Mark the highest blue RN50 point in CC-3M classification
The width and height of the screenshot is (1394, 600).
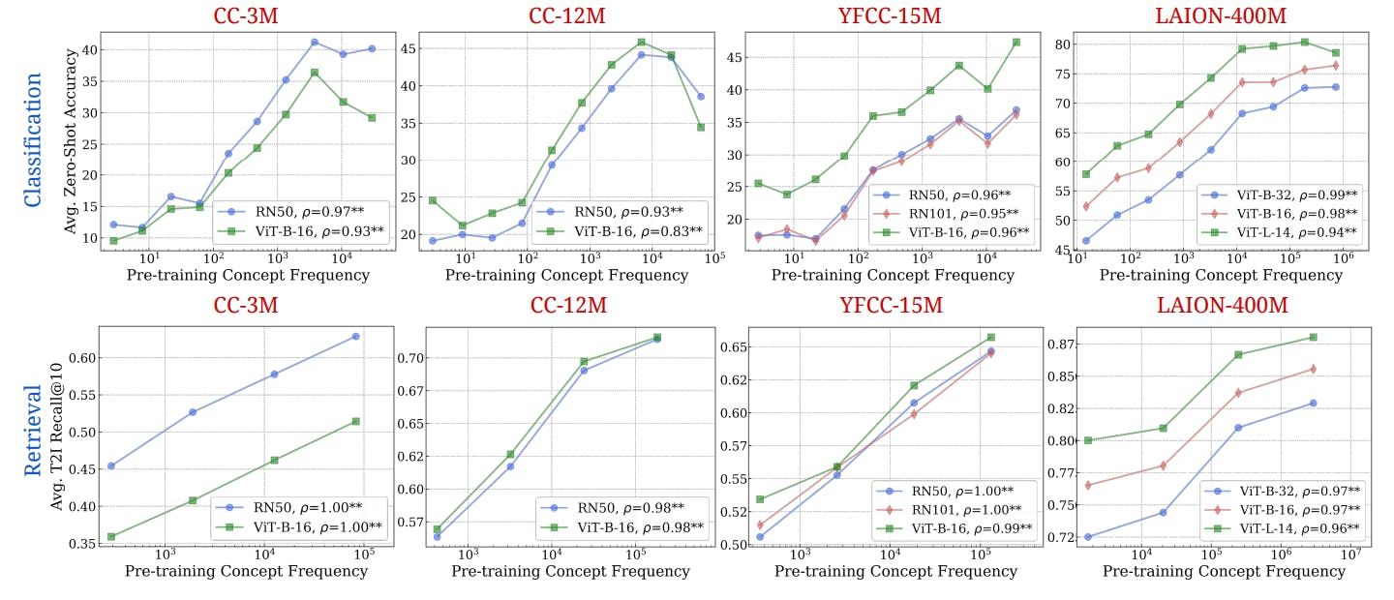315,43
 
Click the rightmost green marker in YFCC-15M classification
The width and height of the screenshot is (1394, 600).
1016,42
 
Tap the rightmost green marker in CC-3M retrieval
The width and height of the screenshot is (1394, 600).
356,421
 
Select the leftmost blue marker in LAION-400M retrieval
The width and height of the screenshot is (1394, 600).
1088,537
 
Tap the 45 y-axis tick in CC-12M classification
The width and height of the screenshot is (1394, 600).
408,47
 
